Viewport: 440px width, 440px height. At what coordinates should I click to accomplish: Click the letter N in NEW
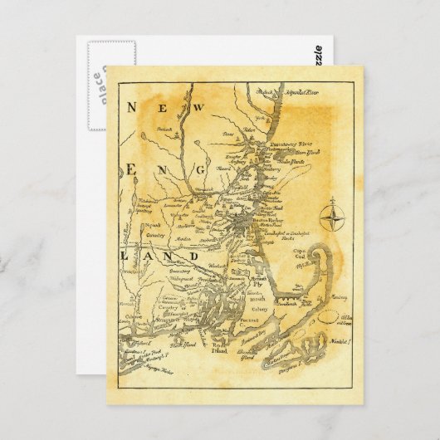pos(130,107)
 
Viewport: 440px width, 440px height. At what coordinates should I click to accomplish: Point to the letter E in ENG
pos(129,169)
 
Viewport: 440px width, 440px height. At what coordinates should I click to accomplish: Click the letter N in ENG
pos(164,169)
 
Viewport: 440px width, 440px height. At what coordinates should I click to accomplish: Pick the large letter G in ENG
pos(199,169)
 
